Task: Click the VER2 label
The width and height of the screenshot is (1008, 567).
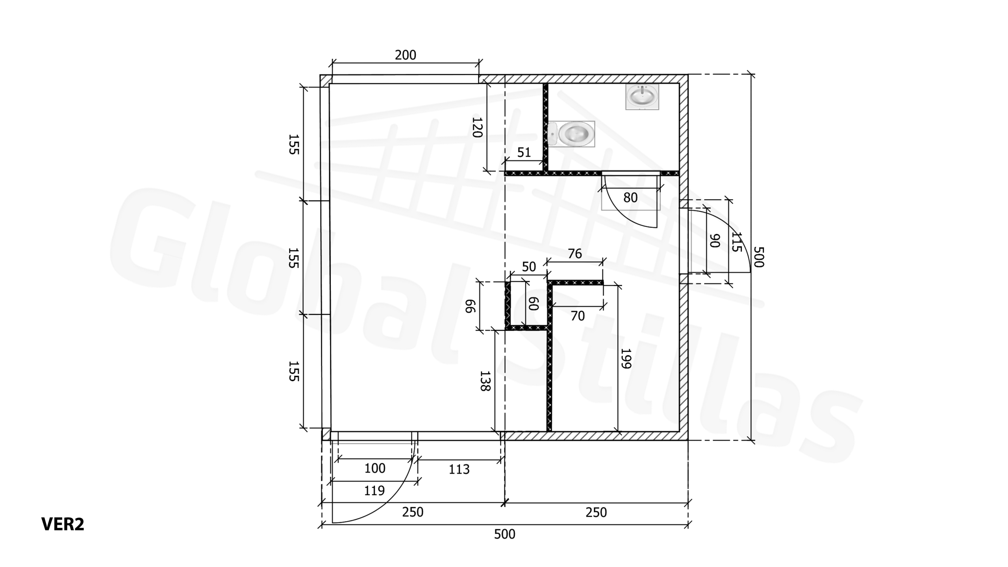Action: pyautogui.click(x=63, y=524)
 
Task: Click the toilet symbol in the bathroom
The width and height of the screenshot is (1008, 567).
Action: pyautogui.click(x=571, y=133)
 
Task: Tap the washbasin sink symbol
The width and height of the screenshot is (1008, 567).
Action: pyautogui.click(x=642, y=96)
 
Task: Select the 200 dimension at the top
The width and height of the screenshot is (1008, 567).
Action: pyautogui.click(x=406, y=55)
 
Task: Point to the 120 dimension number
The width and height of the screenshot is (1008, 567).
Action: pyautogui.click(x=477, y=127)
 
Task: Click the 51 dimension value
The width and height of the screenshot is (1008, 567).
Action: pyautogui.click(x=524, y=152)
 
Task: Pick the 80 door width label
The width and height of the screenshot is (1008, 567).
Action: pyautogui.click(x=630, y=198)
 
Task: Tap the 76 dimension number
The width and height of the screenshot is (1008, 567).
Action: pyautogui.click(x=575, y=254)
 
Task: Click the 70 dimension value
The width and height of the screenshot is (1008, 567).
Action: pyautogui.click(x=578, y=316)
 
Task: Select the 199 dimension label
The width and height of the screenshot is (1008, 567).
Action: pyautogui.click(x=626, y=358)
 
